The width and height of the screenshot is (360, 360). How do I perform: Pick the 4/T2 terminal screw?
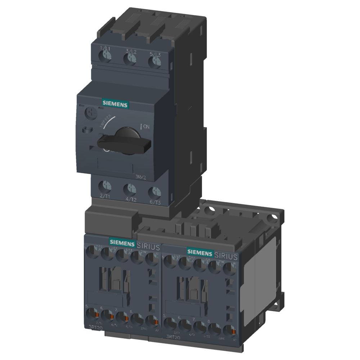point(130,189)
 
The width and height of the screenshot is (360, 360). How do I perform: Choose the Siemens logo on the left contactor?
point(122,242)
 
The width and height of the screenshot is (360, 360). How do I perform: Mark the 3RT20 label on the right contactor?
point(174,337)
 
